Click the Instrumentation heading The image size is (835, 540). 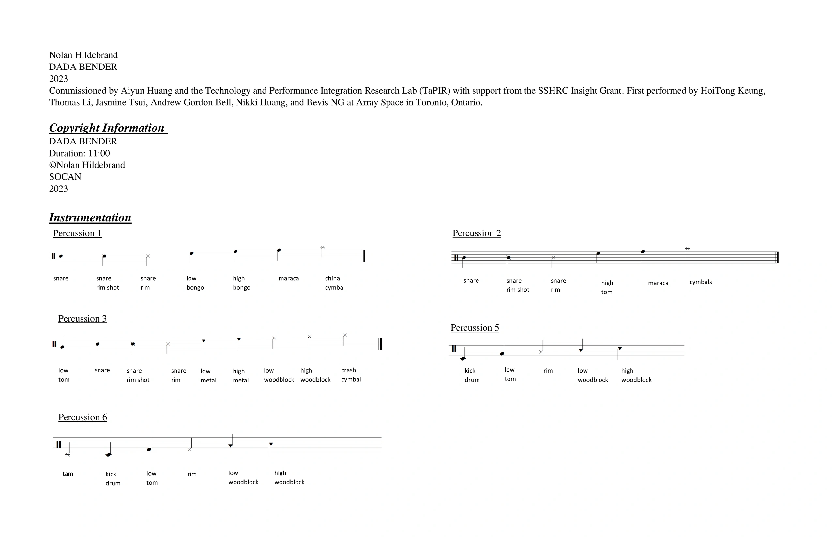point(90,218)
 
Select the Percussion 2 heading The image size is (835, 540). point(477,233)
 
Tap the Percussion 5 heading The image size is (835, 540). point(475,328)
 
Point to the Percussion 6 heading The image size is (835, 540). point(83,417)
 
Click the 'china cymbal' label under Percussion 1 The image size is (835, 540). point(335,283)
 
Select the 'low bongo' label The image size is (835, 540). point(195,283)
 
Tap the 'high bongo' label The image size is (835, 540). point(241,283)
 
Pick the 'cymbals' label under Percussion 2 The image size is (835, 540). point(700,282)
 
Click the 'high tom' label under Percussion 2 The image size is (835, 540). point(607,288)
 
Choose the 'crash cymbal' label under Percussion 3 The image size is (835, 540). point(351,375)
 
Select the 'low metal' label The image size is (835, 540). point(208,376)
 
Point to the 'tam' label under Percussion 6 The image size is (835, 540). point(68,474)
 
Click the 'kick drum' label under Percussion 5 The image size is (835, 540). point(472,375)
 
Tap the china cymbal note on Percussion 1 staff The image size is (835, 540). point(322,247)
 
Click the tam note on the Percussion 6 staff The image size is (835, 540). point(68,455)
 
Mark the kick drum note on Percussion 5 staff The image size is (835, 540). point(463,359)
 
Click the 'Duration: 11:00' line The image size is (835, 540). point(79,153)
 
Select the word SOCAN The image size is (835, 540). point(65,177)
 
